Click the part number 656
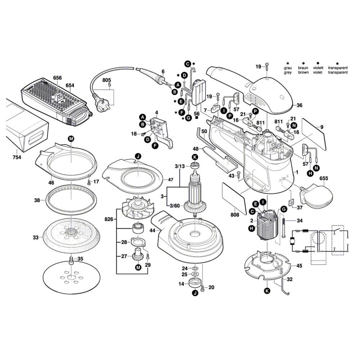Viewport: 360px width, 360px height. [57, 78]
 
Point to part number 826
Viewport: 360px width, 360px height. [109, 219]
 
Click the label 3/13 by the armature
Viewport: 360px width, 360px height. [180, 166]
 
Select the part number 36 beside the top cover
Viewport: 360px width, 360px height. [300, 105]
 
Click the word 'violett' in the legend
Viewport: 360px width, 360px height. [318, 68]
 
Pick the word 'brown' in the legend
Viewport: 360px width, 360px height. [303, 72]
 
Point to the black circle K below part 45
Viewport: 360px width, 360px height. [266, 291]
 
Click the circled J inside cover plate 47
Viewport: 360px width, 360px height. [138, 156]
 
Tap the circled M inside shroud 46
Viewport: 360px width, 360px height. [71, 138]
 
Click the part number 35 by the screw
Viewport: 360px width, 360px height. [80, 258]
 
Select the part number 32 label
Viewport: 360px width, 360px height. [290, 279]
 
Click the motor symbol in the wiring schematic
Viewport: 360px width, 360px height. [292, 239]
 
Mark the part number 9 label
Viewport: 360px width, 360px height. [322, 127]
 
